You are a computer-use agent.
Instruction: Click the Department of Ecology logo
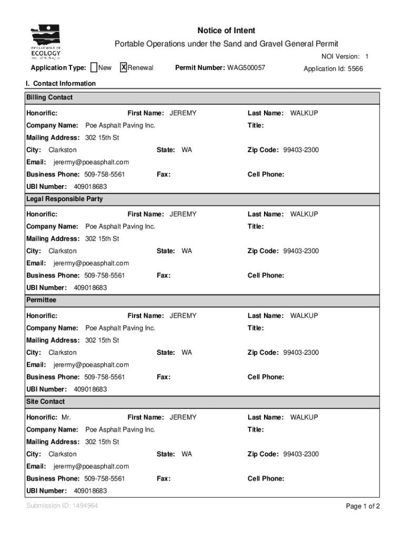pos(46,42)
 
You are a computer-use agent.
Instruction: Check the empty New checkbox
pos(94,67)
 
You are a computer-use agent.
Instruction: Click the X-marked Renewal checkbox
pos(124,67)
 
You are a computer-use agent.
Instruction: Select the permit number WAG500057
pos(246,68)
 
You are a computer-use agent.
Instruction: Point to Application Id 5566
pos(333,69)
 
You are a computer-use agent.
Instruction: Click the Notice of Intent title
pos(226,31)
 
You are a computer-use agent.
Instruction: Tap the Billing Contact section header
pos(49,97)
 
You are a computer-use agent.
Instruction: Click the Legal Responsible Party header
pos(64,199)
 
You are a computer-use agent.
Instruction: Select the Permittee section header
pos(41,300)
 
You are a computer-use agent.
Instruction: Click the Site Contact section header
pos(46,402)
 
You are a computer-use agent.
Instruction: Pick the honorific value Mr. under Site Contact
pos(66,417)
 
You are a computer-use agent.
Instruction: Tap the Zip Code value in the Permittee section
pos(301,353)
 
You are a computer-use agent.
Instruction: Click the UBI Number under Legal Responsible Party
pos(90,288)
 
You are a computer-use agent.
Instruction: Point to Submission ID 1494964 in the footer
pos(62,506)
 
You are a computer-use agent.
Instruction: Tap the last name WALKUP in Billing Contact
pos(304,113)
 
